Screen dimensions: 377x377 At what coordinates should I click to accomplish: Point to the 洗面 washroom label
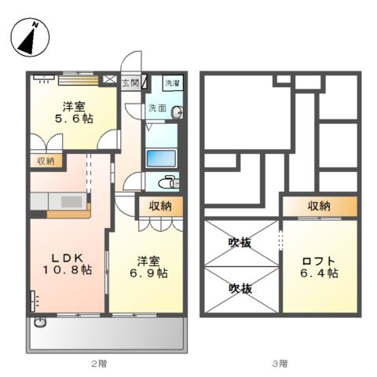(156, 109)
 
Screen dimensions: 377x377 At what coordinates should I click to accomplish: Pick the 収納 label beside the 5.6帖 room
(46, 160)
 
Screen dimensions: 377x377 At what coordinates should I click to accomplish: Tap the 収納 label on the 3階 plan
(319, 206)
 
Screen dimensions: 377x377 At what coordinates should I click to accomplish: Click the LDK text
(67, 257)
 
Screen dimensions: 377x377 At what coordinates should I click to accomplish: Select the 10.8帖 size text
(67, 270)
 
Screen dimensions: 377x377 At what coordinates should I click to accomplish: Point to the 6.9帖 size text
(147, 273)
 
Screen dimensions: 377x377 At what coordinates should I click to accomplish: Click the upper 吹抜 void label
(240, 243)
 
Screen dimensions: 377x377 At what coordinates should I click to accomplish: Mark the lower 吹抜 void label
(240, 289)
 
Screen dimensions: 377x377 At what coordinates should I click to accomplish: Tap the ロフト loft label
(319, 262)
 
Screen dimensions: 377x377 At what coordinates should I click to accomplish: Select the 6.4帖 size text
(319, 274)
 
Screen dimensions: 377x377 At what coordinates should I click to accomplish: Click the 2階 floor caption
(98, 363)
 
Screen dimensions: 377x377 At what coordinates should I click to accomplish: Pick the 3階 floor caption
(280, 363)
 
